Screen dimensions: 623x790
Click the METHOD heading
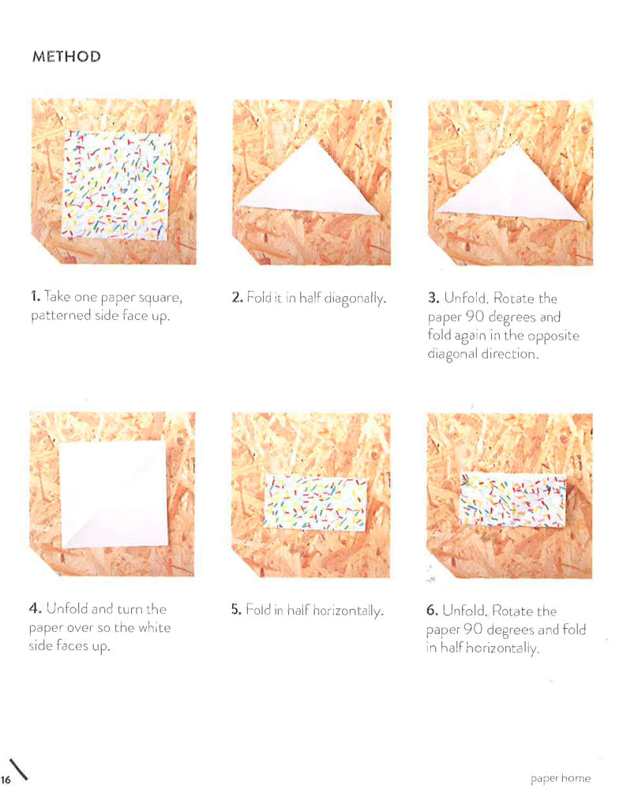tap(66, 56)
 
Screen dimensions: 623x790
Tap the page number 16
tap(6, 780)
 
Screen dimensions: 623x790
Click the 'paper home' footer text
tap(560, 778)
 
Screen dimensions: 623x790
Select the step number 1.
tap(35, 296)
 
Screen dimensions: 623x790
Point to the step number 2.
tap(237, 298)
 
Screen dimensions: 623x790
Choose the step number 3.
tap(433, 298)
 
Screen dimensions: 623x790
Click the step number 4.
tap(35, 608)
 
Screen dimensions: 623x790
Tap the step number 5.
tap(236, 610)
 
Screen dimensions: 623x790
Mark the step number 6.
tap(432, 611)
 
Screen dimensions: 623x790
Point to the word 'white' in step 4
tap(155, 628)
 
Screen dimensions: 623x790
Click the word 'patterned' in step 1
tap(61, 316)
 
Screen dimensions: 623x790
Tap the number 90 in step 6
tap(474, 630)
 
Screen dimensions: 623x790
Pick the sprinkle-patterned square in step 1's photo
tap(116, 186)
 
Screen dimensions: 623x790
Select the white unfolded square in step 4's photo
tap(114, 495)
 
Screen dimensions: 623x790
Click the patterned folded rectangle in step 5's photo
tap(316, 502)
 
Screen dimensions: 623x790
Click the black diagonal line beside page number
tap(18, 769)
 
